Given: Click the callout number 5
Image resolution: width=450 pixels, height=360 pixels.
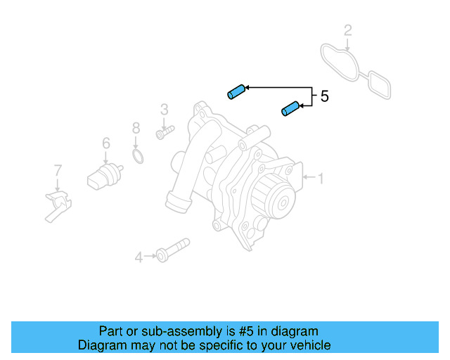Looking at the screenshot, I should [324, 97].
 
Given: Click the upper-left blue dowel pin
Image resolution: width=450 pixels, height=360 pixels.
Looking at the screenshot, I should [235, 91].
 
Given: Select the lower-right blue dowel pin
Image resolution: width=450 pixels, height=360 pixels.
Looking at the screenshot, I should [290, 108].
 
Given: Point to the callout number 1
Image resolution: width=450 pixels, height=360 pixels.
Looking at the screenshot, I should [321, 179].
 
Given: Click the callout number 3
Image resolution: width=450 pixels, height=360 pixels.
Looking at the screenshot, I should [164, 109].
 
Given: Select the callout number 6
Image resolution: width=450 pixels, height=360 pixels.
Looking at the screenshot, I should [106, 143].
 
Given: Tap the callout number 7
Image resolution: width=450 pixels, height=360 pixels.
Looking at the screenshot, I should [58, 169].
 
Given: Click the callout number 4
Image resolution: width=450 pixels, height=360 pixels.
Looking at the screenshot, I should [139, 258].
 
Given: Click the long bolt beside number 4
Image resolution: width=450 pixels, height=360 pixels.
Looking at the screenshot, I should [173, 250].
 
